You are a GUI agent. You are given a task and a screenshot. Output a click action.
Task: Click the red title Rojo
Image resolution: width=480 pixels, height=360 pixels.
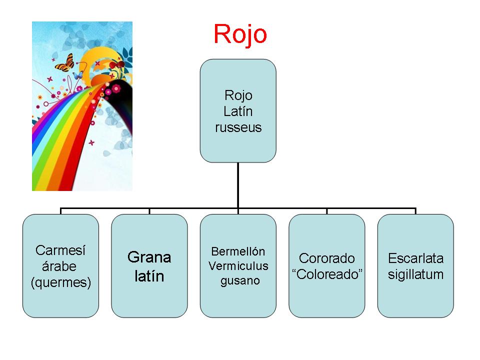pyautogui.click(x=240, y=34)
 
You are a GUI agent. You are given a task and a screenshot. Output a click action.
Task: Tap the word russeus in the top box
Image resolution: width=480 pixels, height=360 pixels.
pyautogui.click(x=238, y=127)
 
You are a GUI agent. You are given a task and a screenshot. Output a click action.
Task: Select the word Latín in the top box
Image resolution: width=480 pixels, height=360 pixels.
pyautogui.click(x=238, y=111)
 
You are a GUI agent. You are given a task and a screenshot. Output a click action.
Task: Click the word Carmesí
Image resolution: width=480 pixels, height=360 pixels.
pyautogui.click(x=60, y=250)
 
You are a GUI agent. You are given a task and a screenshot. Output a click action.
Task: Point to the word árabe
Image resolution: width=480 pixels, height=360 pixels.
pyautogui.click(x=59, y=266)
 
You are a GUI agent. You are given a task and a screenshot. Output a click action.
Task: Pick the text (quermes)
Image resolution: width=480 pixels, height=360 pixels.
pyautogui.click(x=61, y=282)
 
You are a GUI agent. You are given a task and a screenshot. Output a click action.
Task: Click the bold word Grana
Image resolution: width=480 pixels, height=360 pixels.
pyautogui.click(x=149, y=257)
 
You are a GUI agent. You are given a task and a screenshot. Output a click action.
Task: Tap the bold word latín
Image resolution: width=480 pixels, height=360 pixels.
pyautogui.click(x=149, y=276)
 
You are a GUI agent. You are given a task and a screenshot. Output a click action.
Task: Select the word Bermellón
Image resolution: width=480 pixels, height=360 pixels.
pyautogui.click(x=238, y=251)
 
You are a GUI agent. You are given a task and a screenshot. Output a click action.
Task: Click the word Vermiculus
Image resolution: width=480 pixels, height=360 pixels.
pyautogui.click(x=238, y=265)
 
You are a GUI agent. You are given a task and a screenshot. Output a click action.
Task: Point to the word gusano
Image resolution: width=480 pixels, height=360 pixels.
pyautogui.click(x=240, y=280)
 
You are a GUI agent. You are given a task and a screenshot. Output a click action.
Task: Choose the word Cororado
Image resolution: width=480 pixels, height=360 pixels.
pyautogui.click(x=327, y=258)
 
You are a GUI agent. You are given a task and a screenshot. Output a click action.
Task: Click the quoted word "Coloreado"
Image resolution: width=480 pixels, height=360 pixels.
pyautogui.click(x=327, y=274)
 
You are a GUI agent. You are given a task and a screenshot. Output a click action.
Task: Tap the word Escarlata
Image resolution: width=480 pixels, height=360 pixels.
pyautogui.click(x=415, y=258)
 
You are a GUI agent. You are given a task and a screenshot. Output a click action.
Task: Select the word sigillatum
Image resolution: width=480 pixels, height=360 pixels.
pyautogui.click(x=415, y=274)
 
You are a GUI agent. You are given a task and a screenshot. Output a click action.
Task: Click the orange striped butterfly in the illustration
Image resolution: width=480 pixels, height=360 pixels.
pyautogui.click(x=64, y=63)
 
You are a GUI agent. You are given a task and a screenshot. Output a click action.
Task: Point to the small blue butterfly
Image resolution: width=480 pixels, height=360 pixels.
pyautogui.click(x=78, y=75)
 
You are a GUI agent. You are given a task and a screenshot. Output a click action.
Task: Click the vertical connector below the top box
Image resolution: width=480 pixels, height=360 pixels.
pyautogui.click(x=238, y=185)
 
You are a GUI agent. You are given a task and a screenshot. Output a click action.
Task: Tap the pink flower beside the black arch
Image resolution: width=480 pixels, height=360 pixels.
pyautogui.click(x=116, y=89)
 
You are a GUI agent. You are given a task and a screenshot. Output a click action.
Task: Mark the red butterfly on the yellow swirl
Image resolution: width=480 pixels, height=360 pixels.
pyautogui.click(x=117, y=64)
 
